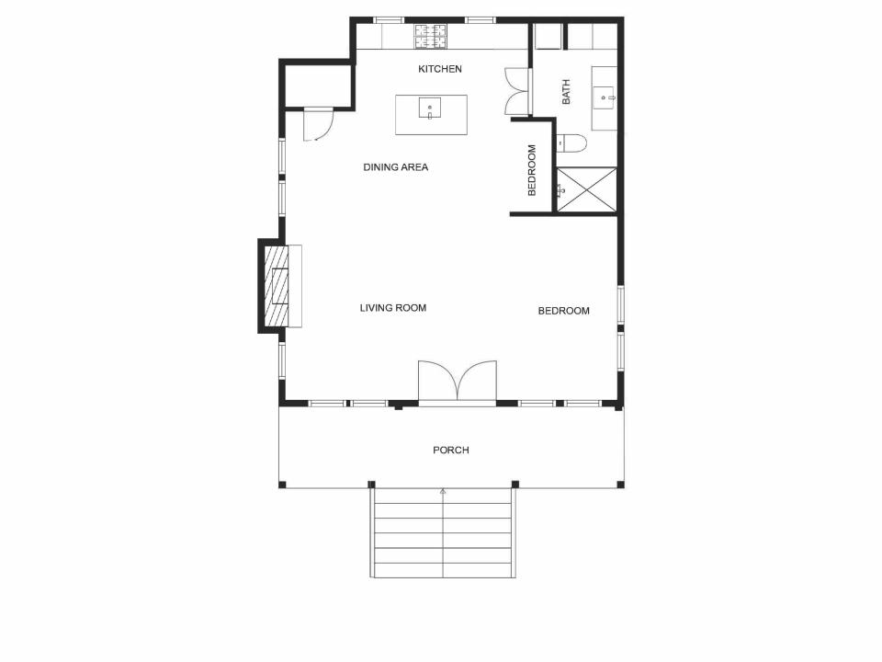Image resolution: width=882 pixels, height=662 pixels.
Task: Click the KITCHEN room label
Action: coord(440,69)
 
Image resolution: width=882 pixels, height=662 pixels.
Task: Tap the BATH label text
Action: coord(566,92)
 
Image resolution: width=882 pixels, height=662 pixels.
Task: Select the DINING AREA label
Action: coord(395,167)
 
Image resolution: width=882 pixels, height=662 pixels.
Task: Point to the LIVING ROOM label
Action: coord(393,308)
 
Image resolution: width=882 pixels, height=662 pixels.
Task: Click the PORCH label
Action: coord(451,451)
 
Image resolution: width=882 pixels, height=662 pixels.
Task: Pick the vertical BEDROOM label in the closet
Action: coord(532,170)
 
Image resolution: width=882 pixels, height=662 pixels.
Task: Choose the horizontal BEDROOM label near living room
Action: coord(563,311)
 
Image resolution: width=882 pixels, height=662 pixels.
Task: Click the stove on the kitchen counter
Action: coord(430,36)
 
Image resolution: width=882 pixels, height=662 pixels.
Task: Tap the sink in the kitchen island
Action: coord(430,109)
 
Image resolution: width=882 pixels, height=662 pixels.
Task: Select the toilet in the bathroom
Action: coord(571,143)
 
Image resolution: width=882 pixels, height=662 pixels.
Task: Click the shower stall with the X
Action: coord(586,189)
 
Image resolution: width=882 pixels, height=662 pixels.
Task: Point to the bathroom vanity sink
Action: coord(604,95)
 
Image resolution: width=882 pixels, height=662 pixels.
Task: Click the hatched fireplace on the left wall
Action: coord(277,286)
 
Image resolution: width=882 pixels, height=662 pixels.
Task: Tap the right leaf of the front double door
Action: coord(478,382)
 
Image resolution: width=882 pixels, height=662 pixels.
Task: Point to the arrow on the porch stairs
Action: coord(443,493)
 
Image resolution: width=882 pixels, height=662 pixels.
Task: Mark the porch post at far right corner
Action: coord(620,485)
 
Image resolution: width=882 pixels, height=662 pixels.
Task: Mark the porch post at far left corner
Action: coord(282,485)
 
